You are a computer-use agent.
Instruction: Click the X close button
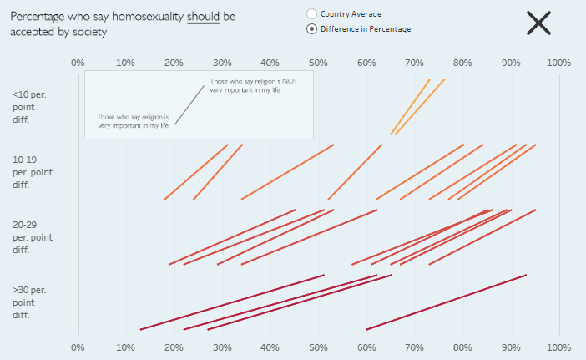click(x=538, y=23)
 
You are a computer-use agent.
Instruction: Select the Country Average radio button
click(x=312, y=14)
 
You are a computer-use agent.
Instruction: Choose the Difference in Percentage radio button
click(x=312, y=29)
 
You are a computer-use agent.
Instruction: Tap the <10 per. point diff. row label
click(x=30, y=107)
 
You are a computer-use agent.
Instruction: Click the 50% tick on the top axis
click(x=318, y=63)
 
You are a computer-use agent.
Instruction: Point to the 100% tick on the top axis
click(x=558, y=63)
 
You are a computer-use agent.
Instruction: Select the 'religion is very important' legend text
click(x=133, y=121)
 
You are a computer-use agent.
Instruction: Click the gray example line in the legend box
click(x=189, y=104)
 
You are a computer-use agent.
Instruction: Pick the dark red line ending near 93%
click(x=447, y=302)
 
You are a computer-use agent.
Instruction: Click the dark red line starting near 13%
click(x=232, y=302)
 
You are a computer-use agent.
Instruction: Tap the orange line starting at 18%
click(x=196, y=172)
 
